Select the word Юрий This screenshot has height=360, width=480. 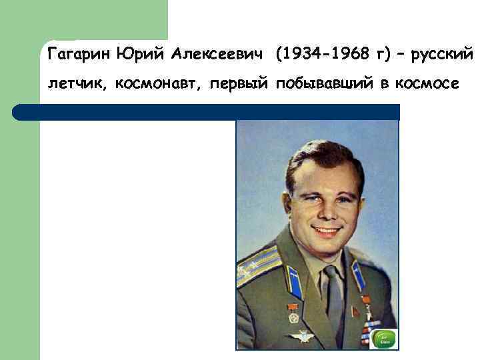click(x=134, y=53)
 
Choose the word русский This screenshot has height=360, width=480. click(x=442, y=53)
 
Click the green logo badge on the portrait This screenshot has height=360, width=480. click(x=384, y=339)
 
